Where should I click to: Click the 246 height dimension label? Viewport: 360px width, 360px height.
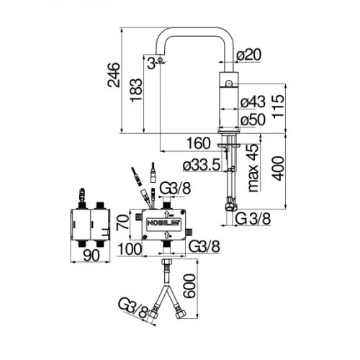click(x=113, y=75)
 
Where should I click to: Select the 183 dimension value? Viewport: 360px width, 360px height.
click(x=136, y=90)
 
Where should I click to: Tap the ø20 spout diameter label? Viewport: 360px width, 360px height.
click(x=248, y=55)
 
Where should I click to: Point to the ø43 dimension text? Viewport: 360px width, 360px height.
click(x=253, y=102)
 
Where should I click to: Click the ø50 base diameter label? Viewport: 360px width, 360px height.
click(x=253, y=120)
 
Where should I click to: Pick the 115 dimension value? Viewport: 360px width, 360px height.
click(x=279, y=106)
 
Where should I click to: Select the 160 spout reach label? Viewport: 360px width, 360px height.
click(x=199, y=143)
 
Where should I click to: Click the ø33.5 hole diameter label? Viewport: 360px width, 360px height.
click(x=202, y=165)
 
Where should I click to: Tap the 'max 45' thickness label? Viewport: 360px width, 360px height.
click(x=253, y=168)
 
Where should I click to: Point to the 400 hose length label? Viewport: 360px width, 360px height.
click(x=279, y=168)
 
